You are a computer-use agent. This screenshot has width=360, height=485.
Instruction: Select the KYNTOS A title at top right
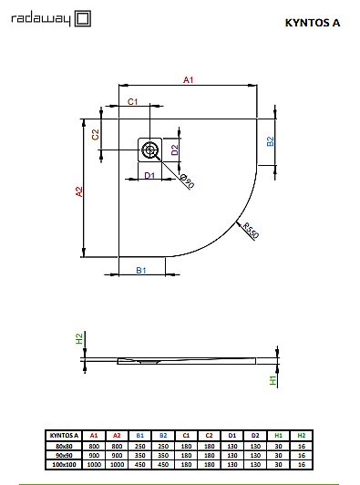point(318,23)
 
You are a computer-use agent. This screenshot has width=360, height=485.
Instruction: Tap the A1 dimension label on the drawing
point(189,81)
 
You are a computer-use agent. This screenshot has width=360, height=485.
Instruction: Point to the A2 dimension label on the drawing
point(79,191)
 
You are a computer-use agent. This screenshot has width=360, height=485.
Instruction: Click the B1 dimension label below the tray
point(142,271)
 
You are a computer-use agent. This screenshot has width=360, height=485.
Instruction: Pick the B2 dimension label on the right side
point(270,141)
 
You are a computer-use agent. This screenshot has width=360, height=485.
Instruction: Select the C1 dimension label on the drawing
point(132,101)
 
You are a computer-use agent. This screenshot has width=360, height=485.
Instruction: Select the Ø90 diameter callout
point(186,181)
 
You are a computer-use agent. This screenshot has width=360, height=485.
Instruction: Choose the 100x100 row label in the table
point(62,464)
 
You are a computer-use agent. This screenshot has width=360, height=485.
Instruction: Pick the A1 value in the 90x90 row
point(94,455)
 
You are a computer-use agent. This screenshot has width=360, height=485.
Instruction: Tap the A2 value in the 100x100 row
point(117,464)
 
